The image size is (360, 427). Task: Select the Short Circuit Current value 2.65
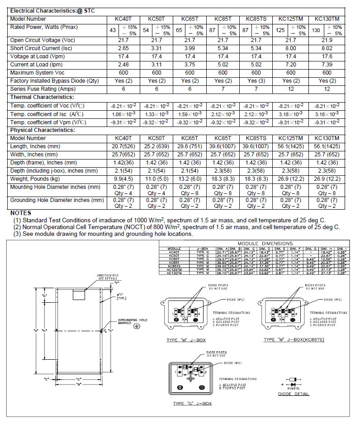[x=123, y=48]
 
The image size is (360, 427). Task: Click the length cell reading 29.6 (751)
[x=190, y=146]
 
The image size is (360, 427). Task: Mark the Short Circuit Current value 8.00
[x=290, y=48]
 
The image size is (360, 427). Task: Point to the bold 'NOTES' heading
[x=21, y=213]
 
